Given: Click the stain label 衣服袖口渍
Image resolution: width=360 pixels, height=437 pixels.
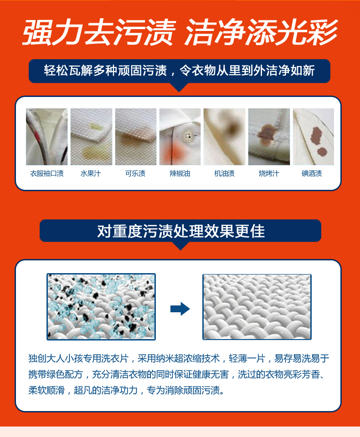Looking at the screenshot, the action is (47, 173).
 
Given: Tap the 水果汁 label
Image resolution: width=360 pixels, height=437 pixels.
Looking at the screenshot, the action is (91, 173).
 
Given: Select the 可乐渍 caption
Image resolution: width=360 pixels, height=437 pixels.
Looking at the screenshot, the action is (135, 173).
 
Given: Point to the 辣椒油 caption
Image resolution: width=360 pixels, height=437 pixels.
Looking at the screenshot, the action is (180, 173).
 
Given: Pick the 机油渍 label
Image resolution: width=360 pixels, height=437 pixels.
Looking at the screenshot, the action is (224, 173).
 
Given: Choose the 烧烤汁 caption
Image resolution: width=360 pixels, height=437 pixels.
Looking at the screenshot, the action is (269, 173).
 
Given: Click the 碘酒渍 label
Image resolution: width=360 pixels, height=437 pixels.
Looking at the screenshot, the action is (312, 173).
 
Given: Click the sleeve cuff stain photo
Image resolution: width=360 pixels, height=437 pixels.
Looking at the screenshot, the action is (46, 137).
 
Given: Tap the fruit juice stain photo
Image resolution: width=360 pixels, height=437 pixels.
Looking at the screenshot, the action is (91, 137).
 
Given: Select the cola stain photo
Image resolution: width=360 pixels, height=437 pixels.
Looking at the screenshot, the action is (136, 137).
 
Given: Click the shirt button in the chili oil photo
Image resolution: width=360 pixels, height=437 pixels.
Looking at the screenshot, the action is (187, 136).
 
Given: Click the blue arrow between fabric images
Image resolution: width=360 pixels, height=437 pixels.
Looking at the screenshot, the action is (180, 309).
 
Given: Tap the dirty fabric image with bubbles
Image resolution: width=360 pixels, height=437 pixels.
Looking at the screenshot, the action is (101, 306).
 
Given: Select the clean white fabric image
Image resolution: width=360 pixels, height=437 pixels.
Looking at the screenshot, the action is (257, 307).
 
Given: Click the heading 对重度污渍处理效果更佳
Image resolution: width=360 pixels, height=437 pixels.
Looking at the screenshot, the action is (181, 231).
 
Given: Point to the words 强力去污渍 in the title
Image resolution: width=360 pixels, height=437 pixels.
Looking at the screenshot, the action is (99, 32).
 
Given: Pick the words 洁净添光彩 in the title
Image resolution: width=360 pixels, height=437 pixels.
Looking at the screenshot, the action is (261, 32).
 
